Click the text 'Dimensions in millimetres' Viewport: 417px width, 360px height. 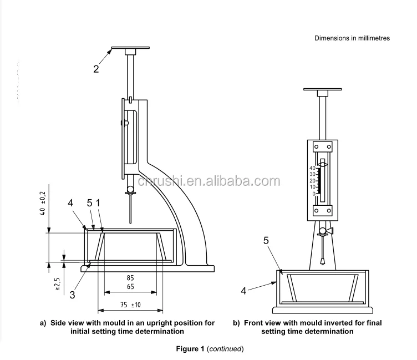(352, 38)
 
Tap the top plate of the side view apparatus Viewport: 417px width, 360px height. (131, 48)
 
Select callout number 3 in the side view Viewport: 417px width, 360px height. (72, 294)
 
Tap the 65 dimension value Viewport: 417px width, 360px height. (130, 286)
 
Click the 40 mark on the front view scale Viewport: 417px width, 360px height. (312, 168)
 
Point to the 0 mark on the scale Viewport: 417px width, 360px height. (313, 194)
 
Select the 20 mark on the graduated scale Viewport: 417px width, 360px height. (312, 181)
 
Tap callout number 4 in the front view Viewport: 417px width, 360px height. (245, 289)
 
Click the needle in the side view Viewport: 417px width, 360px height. (131, 209)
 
